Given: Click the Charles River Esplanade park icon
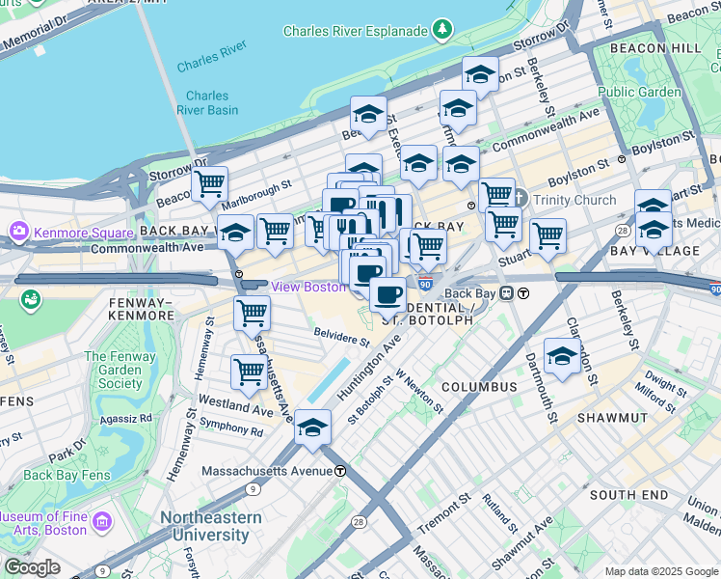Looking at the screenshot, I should click(x=441, y=30).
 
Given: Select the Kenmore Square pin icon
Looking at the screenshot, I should click(x=19, y=233).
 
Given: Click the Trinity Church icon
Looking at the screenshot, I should click(x=519, y=200).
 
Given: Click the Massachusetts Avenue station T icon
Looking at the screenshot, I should click(x=340, y=471).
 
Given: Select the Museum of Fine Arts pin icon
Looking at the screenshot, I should click(x=103, y=522).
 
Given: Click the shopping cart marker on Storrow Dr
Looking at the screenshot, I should click(x=209, y=183).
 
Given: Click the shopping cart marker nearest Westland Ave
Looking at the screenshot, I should click(x=249, y=372).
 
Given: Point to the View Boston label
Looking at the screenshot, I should click(x=307, y=287).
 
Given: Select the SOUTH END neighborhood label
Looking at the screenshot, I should click(x=628, y=495).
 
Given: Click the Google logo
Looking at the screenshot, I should click(x=32, y=567).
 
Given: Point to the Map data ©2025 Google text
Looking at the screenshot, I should click(x=660, y=571).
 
